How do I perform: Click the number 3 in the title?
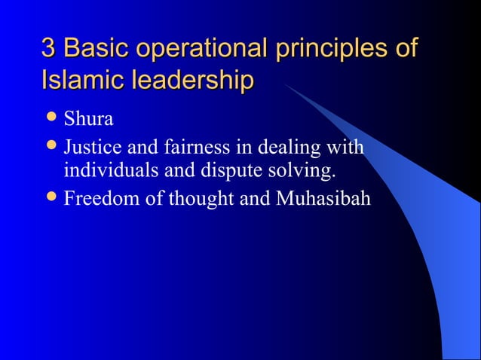(x=49, y=48)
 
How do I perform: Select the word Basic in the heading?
(x=92, y=48)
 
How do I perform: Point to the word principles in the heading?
(x=331, y=50)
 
